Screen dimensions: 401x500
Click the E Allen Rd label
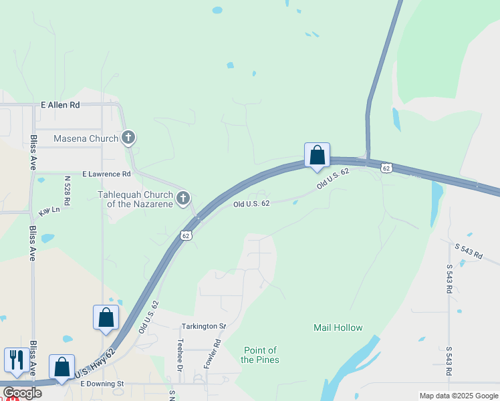pos(60,105)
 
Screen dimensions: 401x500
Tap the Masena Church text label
pos(86,139)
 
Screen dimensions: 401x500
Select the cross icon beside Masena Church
pos(129,138)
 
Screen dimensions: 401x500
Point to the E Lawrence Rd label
pos(107,174)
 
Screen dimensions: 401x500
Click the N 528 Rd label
pos(67,190)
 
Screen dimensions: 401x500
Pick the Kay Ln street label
pos(49,211)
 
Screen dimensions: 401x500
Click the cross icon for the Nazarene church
pos(183,198)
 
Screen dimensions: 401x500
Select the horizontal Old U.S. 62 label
pos(251,204)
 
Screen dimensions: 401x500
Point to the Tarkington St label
pos(204,326)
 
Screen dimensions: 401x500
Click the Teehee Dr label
pos(180,354)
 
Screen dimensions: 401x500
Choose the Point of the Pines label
pos(261,355)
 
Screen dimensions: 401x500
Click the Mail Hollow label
pos(338,327)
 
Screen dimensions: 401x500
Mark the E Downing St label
pos(102,384)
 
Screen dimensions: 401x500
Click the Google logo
pos(22,393)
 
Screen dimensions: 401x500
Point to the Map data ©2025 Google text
pos(458,396)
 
